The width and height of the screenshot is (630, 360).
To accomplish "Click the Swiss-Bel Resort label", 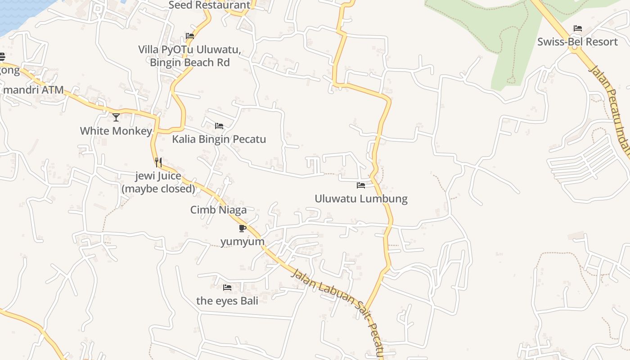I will [577, 42].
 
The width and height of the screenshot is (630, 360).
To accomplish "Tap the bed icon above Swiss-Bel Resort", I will [578, 28].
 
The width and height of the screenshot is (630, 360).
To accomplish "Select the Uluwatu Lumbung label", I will [361, 198].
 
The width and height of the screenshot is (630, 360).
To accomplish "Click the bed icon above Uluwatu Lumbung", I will [361, 185].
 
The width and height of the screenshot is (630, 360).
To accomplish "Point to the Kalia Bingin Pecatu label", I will [219, 139].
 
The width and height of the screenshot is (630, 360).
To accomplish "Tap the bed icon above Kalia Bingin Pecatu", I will [219, 126].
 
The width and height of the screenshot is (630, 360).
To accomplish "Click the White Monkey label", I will [116, 131].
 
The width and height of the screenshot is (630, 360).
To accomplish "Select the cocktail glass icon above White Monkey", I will [116, 117].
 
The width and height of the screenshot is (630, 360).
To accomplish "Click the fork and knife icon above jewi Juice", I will [158, 162].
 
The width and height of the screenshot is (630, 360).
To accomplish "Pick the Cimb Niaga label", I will [218, 210].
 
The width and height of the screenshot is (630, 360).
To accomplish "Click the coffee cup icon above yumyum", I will [243, 228].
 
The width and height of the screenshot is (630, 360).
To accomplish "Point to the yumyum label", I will [243, 242].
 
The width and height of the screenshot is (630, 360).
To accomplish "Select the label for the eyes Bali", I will [227, 301].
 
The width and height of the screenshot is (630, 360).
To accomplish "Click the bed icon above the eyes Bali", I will [227, 287].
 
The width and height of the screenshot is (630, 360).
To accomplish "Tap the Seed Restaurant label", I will [209, 5].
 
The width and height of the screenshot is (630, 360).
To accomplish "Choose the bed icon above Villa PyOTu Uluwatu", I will [190, 36].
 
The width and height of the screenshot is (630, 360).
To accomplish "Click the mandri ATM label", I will [33, 90].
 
